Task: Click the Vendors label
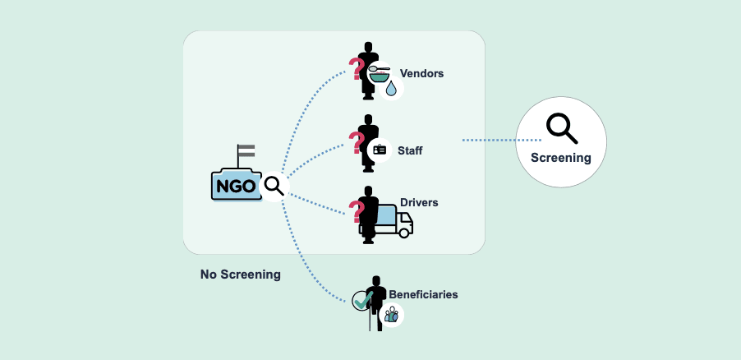(x=421, y=73)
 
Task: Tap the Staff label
(x=410, y=150)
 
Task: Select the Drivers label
(x=419, y=202)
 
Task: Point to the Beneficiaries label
(x=423, y=293)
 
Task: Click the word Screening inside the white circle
(x=560, y=158)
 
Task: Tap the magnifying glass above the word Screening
(x=560, y=127)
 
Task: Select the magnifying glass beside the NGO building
(x=274, y=186)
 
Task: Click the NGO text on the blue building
(x=236, y=186)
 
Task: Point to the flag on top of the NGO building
(x=246, y=152)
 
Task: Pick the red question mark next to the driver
(x=357, y=212)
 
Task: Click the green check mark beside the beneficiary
(x=361, y=301)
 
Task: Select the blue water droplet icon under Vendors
(x=391, y=88)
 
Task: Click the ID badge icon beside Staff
(x=380, y=150)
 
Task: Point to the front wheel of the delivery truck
(x=403, y=232)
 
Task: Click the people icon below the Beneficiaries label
(x=391, y=314)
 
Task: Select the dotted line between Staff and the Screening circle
(x=488, y=140)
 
